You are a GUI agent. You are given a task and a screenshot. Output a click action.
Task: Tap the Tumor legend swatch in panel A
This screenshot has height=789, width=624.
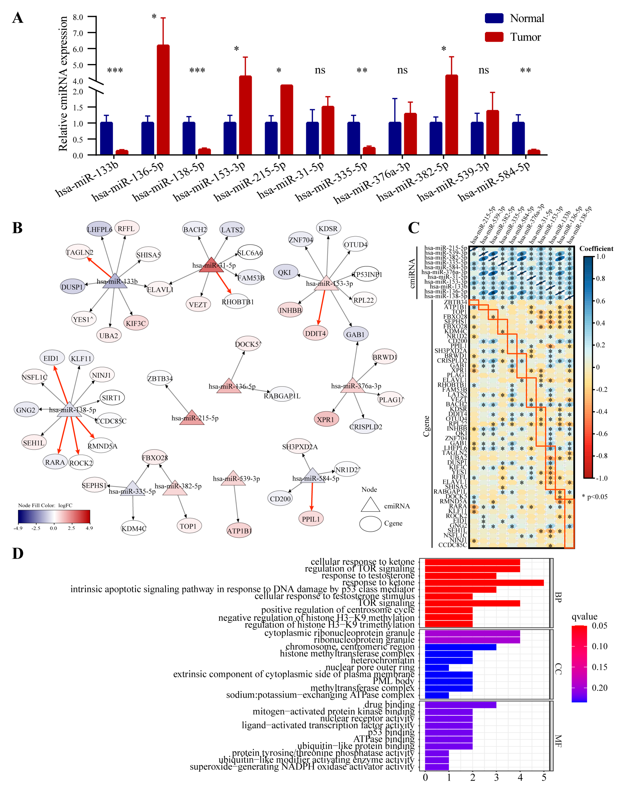click(x=494, y=37)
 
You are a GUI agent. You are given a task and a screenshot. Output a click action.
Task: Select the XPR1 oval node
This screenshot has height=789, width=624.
click(x=326, y=419)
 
